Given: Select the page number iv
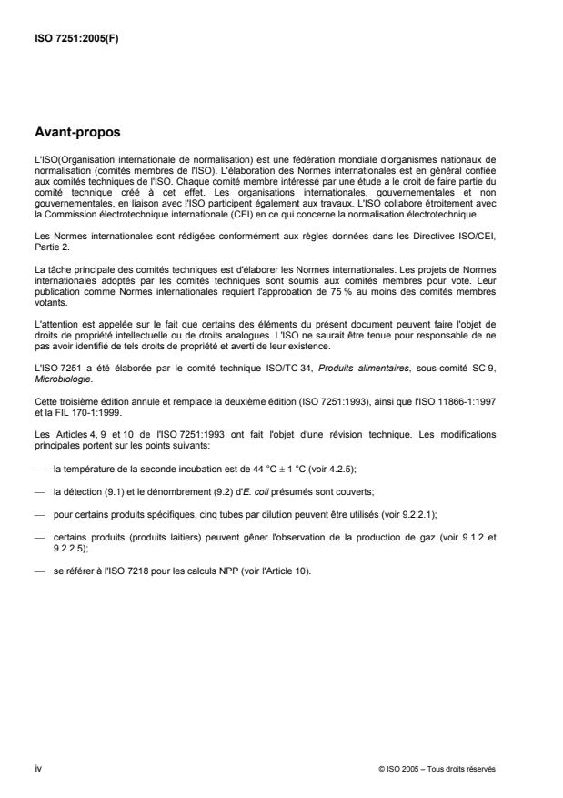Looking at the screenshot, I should (36, 768).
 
